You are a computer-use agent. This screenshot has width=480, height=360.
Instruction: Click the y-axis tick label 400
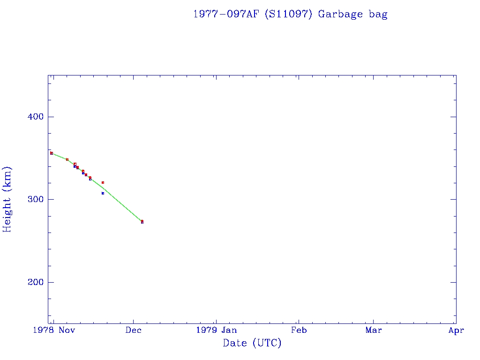tap(35, 117)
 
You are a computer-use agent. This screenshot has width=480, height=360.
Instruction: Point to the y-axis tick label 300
tap(35, 199)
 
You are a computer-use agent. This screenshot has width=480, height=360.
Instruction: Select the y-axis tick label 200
tap(35, 282)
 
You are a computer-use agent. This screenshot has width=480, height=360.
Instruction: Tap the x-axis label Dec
tap(134, 330)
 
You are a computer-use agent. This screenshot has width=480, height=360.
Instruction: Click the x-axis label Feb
tap(299, 330)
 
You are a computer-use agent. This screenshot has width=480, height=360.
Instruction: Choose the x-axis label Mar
tap(374, 330)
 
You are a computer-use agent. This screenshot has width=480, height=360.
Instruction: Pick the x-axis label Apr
tap(456, 330)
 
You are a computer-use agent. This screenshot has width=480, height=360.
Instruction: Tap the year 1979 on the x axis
tap(207, 330)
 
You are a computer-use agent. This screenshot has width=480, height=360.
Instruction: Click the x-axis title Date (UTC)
tap(252, 344)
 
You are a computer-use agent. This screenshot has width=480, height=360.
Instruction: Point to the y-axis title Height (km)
tap(7, 199)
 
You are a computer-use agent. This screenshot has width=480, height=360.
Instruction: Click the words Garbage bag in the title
tap(352, 14)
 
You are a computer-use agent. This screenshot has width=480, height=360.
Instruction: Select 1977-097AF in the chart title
tap(226, 14)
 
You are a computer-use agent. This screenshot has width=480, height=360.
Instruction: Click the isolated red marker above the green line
tap(103, 182)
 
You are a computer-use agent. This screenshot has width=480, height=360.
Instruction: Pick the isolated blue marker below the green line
tap(103, 193)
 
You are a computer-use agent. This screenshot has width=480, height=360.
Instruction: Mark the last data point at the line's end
tap(142, 221)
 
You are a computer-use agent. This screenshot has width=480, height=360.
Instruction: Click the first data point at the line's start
tap(52, 153)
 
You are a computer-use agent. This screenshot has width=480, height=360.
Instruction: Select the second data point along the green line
tap(67, 159)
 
